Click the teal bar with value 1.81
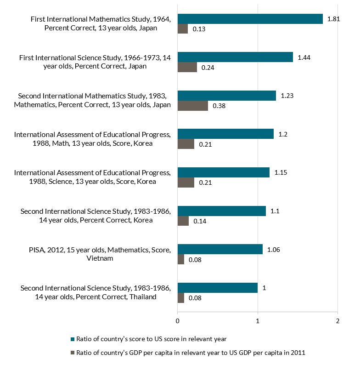[250, 19]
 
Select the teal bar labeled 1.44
[235, 57]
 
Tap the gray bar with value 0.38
[192, 106]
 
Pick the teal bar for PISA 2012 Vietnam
[220, 249]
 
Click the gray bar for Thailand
[181, 298]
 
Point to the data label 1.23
[287, 96]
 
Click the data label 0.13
[198, 29]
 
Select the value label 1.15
[281, 172]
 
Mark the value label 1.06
[274, 250]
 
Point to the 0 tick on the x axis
[178, 320]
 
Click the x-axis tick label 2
[337, 320]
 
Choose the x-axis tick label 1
[258, 320]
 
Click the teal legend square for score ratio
[72, 339]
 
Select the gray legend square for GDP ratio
[72, 353]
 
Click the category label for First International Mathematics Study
[101, 23]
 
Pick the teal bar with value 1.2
[225, 134]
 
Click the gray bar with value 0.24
[187, 67]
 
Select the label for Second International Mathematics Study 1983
[92, 100]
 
